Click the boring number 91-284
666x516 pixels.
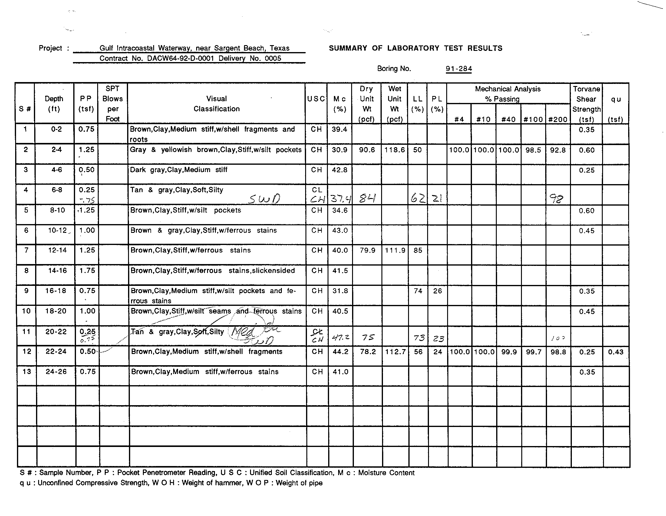tap(459, 69)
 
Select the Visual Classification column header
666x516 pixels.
tap(216, 104)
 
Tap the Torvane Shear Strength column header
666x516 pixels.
tap(586, 104)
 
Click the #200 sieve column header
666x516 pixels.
tap(558, 119)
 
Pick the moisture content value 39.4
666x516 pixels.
tap(339, 129)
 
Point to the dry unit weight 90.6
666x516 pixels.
tap(367, 150)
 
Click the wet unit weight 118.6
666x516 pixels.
tap(394, 150)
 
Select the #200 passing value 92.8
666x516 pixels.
tap(558, 150)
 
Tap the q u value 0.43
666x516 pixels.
tap(616, 352)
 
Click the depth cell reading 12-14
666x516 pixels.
tap(57, 250)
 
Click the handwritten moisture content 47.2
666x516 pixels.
tap(340, 338)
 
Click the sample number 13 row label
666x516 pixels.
tap(27, 372)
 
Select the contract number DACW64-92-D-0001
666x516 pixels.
tap(180, 58)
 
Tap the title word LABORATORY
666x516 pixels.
tap(413, 48)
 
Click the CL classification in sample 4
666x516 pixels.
tap(317, 190)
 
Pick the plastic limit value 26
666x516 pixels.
tap(437, 291)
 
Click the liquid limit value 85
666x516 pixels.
tap(418, 250)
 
